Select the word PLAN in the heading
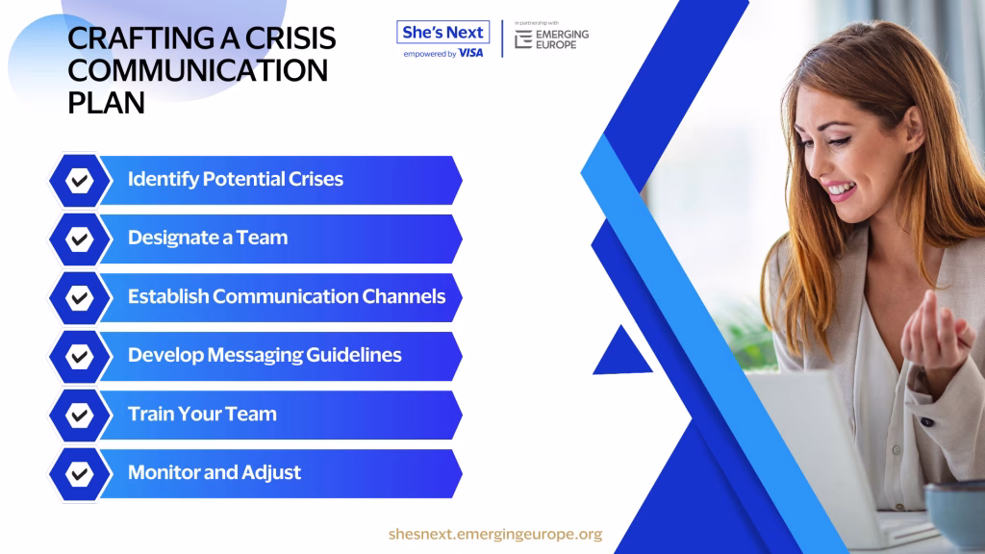[106, 103]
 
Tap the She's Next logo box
[442, 32]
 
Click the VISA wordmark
[470, 54]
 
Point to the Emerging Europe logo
[551, 38]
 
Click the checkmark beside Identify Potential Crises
[79, 180]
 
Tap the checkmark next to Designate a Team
[79, 239]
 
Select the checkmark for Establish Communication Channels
[79, 298]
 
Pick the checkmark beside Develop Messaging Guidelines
[79, 356]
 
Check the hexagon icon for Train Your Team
[79, 415]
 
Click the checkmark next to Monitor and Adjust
[79, 473]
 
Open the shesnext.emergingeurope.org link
[495, 534]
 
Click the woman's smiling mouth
[841, 190]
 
